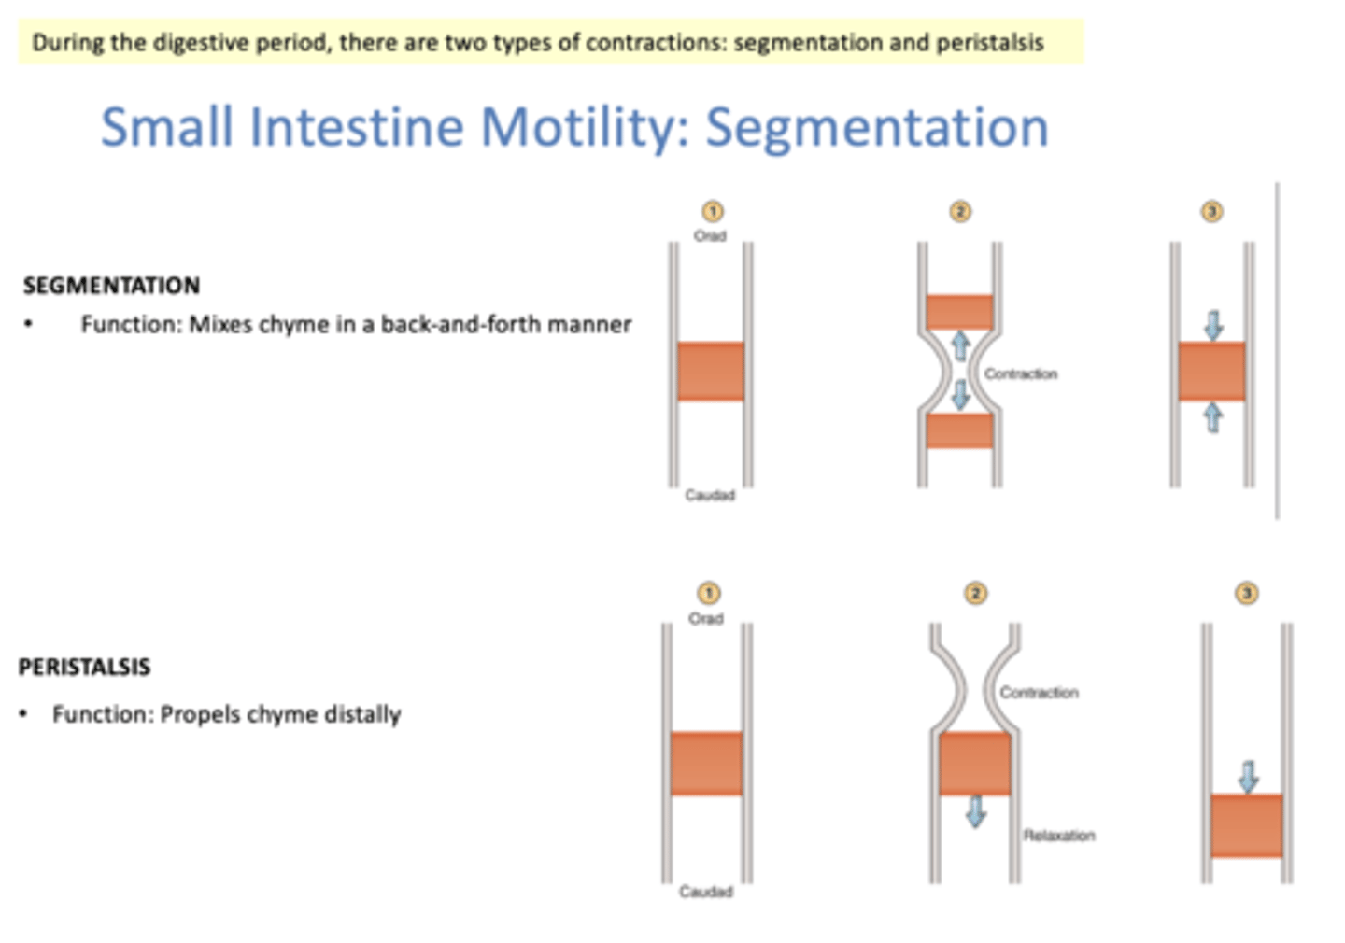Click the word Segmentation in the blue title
(x=876, y=127)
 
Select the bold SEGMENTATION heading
(x=111, y=286)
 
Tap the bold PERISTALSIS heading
(x=84, y=667)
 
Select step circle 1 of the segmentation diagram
(x=712, y=212)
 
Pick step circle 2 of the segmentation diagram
(x=960, y=212)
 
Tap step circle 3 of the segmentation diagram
(x=1211, y=212)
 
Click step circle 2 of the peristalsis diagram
(x=975, y=594)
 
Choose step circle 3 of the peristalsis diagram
(x=1246, y=594)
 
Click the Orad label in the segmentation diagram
(x=710, y=236)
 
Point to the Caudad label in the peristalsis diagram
(x=706, y=892)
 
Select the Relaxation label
(x=1059, y=836)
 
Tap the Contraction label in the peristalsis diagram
(x=1039, y=693)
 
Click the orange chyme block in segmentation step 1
(x=711, y=372)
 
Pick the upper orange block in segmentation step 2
(x=959, y=312)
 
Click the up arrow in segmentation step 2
(x=960, y=346)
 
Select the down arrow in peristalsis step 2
(x=976, y=811)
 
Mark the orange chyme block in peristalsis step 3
(x=1246, y=825)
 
